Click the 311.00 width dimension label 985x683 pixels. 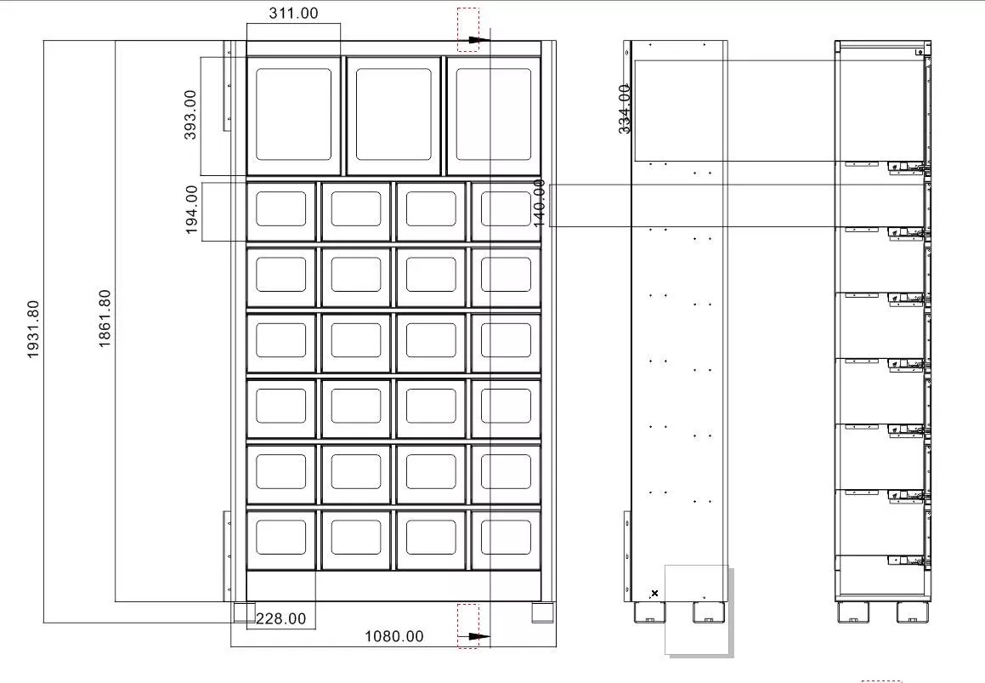293,14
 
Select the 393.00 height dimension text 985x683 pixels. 190,115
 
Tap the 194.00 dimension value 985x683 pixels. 192,209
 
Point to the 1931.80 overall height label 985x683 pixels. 33,329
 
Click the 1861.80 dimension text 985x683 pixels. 105,318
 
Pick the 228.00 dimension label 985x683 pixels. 280,619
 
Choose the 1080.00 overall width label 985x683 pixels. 393,636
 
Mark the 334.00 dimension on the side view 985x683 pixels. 625,109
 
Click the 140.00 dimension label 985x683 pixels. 539,203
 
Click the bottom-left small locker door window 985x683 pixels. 280,537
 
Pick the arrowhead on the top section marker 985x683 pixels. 480,40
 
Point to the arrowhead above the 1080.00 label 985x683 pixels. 480,636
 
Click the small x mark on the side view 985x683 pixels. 654,593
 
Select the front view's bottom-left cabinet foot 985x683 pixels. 245,612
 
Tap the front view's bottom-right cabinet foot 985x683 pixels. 543,612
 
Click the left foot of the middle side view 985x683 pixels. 649,612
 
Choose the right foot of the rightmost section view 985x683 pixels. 913,612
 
